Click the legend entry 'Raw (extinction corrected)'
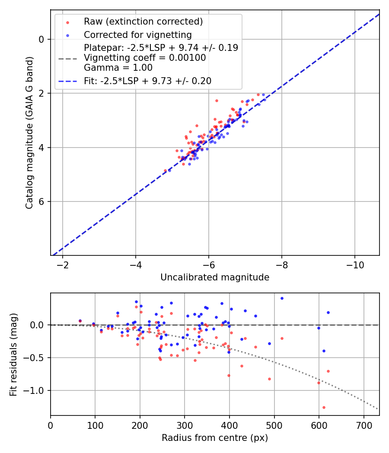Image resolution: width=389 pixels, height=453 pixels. coord(143,22)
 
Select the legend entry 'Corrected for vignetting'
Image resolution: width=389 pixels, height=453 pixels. coord(138,35)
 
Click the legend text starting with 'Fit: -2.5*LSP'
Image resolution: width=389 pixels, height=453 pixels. coord(147,81)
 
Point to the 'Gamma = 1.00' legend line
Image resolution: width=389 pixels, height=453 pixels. coord(118,68)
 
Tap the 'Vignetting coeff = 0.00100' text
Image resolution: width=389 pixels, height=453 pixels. coord(145,58)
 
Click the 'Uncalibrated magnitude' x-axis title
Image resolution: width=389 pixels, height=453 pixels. coord(215,277)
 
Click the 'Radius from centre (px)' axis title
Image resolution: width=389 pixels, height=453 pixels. coord(215,438)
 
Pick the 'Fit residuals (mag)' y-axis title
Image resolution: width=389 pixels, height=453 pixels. coord(14,354)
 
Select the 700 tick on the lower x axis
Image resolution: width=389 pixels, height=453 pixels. coord(363,424)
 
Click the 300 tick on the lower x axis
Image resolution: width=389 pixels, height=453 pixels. coord(185,424)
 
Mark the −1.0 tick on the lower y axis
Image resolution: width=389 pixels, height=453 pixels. coord(37,390)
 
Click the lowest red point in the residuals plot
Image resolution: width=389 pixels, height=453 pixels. coord(324,407)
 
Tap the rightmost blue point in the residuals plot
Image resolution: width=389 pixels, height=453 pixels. coord(328,312)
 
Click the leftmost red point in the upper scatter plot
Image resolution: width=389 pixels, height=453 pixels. coord(165,170)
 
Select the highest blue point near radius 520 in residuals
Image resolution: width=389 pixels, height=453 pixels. coord(282,298)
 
